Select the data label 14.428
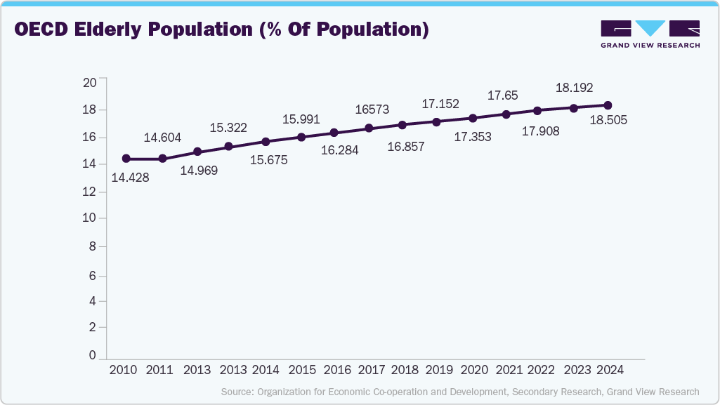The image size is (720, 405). click(130, 178)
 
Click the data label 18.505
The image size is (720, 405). click(608, 121)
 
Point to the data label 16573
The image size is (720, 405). click(372, 109)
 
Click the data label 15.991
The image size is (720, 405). click(301, 120)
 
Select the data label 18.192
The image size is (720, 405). click(575, 88)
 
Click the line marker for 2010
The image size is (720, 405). click(126, 159)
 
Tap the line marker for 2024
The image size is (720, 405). click(608, 105)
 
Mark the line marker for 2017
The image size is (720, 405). click(369, 128)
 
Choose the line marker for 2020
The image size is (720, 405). click(473, 118)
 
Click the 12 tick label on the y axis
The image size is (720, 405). click(89, 191)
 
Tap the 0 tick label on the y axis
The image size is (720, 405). click(92, 356)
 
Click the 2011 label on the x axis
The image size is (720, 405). click(161, 371)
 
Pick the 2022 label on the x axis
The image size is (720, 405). click(541, 371)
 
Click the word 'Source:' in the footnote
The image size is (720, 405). click(237, 392)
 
